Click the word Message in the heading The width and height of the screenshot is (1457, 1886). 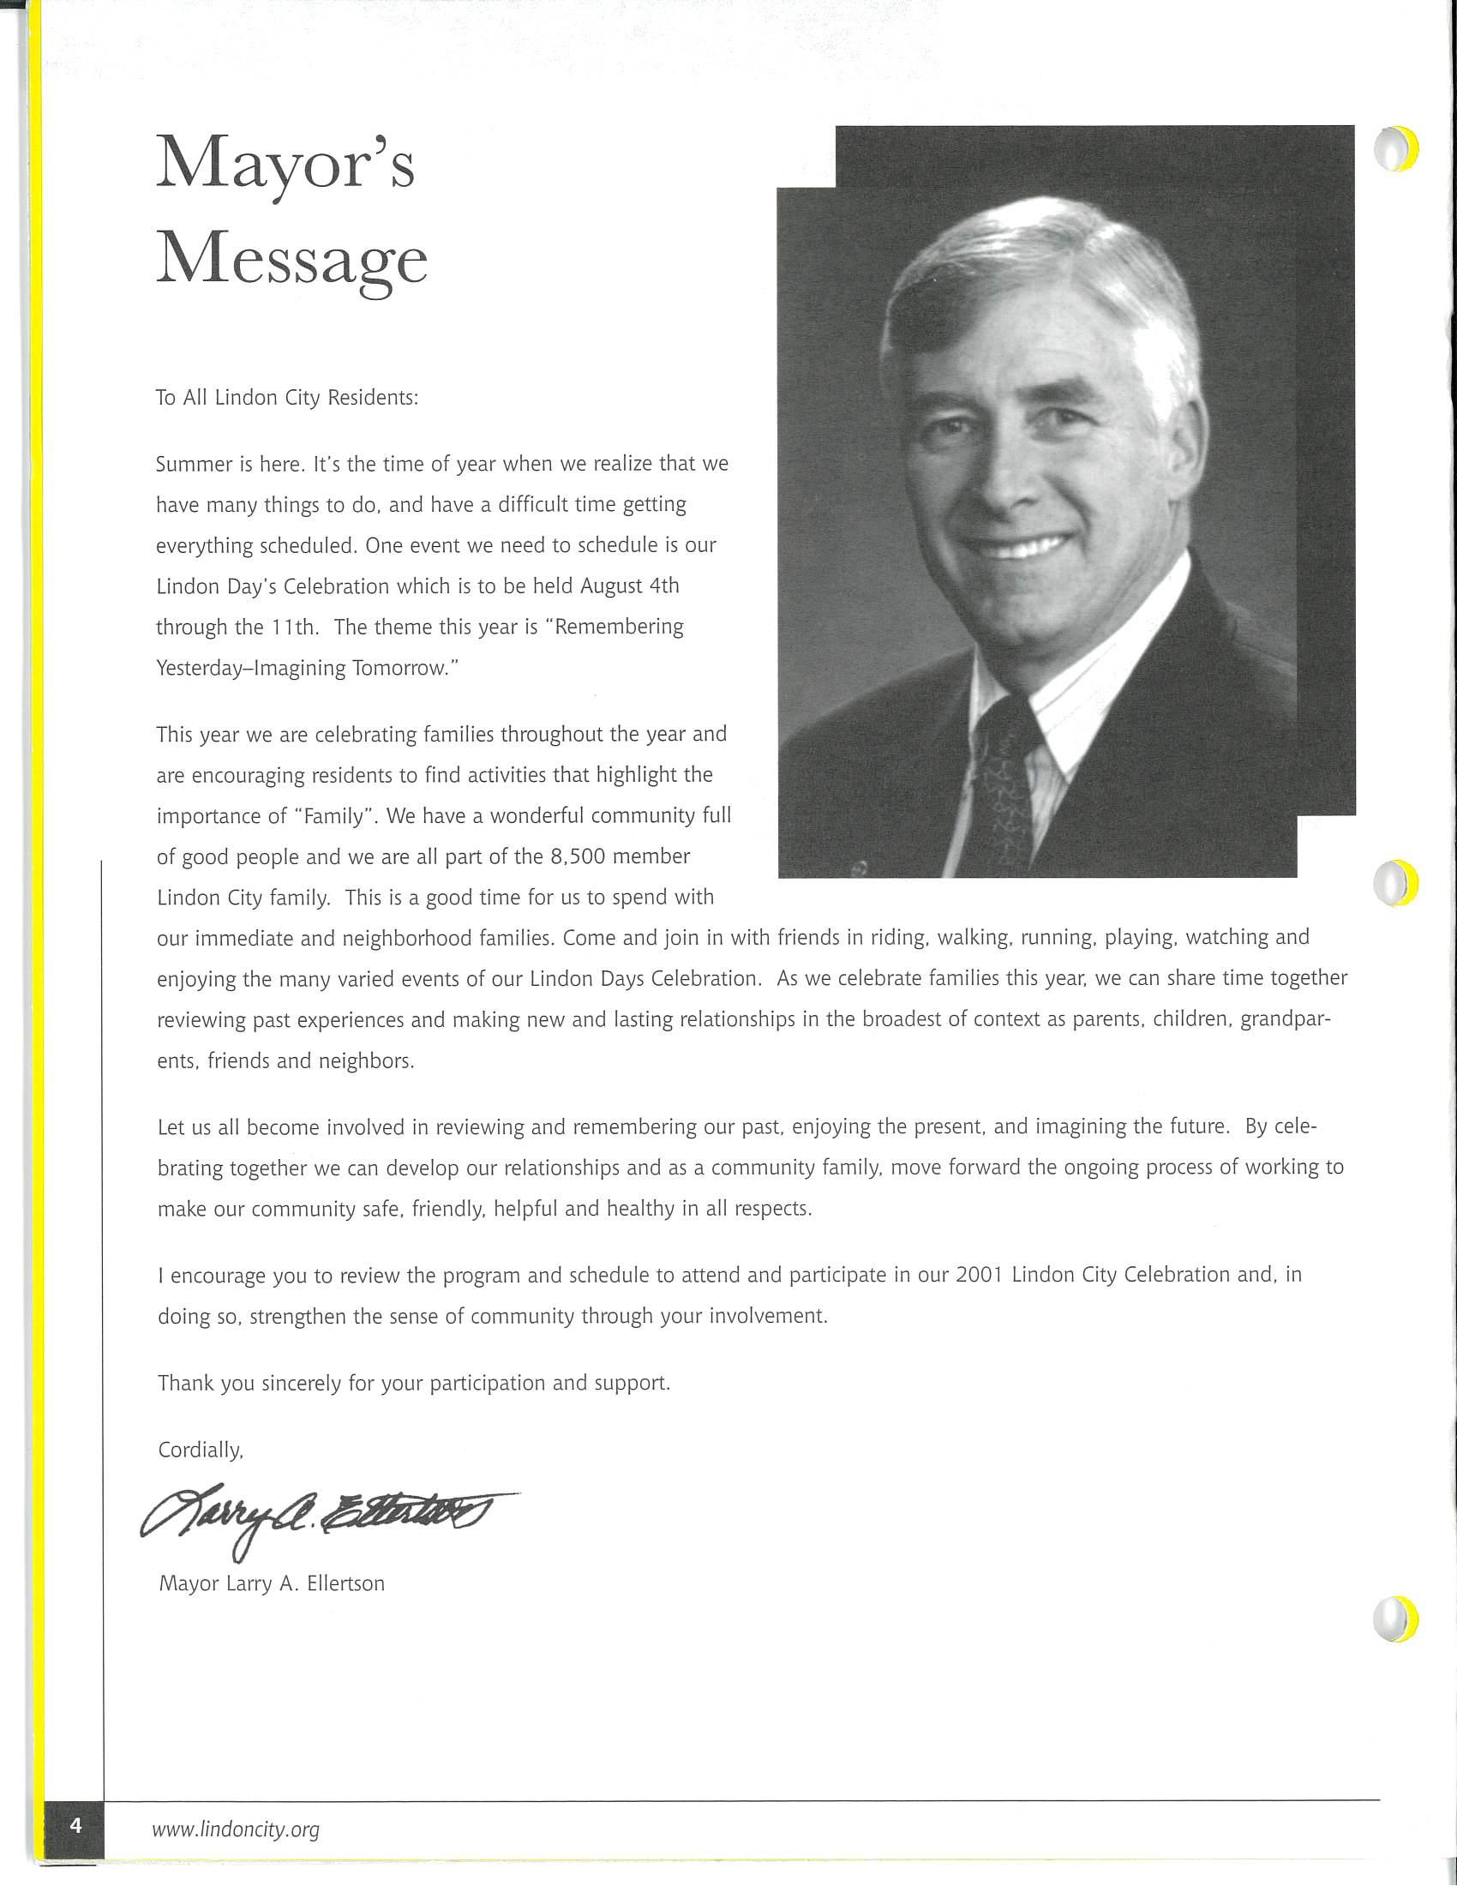[291, 261]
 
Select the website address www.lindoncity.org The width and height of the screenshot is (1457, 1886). [236, 1829]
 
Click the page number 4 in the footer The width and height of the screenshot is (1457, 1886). [76, 1825]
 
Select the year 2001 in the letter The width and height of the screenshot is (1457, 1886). [979, 1276]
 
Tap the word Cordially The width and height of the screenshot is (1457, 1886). [201, 1450]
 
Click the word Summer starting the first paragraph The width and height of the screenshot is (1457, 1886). [194, 465]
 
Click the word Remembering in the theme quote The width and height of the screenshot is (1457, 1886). [618, 627]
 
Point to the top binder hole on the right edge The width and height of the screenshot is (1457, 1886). [1394, 148]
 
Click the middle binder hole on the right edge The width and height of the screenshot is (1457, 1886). [1394, 882]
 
